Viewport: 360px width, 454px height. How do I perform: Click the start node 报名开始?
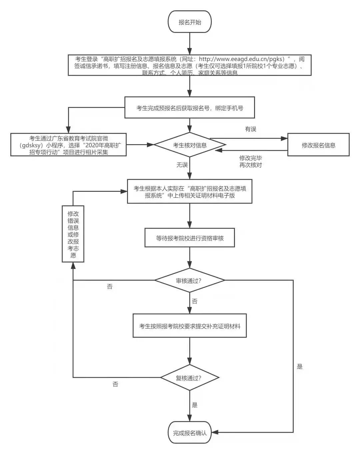(190, 22)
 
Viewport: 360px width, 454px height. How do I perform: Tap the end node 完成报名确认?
(190, 433)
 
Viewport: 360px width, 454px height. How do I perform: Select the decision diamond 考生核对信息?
(190, 145)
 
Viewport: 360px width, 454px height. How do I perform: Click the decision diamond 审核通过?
(190, 281)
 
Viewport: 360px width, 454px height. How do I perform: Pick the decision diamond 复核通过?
(190, 378)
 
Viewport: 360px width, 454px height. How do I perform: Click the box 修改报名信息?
(318, 145)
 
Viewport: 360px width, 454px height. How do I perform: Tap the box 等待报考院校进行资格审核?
(190, 238)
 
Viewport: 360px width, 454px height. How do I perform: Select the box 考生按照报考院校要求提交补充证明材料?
(190, 326)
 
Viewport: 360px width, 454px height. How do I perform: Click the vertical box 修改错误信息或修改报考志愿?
(73, 234)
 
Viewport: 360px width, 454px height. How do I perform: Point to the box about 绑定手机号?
(190, 108)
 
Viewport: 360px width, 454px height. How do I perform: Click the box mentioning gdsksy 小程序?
(68, 145)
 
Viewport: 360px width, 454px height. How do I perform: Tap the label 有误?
(250, 129)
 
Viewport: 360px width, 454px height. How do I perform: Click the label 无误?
(182, 165)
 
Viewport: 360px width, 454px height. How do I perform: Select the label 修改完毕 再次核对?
(250, 161)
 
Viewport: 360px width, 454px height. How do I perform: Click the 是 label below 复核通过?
(195, 405)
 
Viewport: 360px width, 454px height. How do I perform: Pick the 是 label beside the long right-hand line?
(300, 367)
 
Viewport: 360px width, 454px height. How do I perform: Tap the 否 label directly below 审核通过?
(195, 301)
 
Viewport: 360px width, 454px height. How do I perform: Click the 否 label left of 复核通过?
(115, 384)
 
